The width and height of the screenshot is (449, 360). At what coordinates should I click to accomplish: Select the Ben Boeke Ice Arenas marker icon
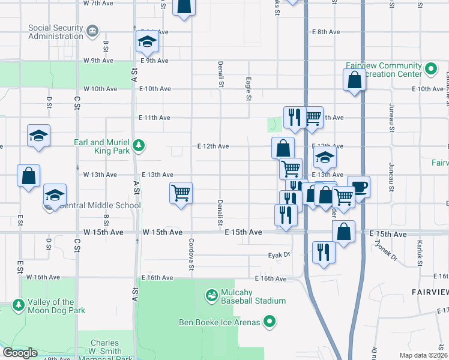tap(270, 322)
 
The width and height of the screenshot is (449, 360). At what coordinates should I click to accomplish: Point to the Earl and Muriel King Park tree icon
tap(139, 145)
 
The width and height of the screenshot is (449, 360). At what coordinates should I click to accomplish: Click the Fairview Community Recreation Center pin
tap(431, 69)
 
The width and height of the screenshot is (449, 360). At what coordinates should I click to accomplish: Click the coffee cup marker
tap(359, 187)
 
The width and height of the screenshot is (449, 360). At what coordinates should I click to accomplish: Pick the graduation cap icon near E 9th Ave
tap(146, 41)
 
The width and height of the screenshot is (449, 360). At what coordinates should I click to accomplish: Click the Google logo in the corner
tap(20, 353)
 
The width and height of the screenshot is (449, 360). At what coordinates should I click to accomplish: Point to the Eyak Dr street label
tap(279, 255)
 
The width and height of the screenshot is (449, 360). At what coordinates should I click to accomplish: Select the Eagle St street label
tap(249, 88)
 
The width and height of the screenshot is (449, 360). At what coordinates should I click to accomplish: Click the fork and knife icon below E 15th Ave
tap(323, 252)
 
